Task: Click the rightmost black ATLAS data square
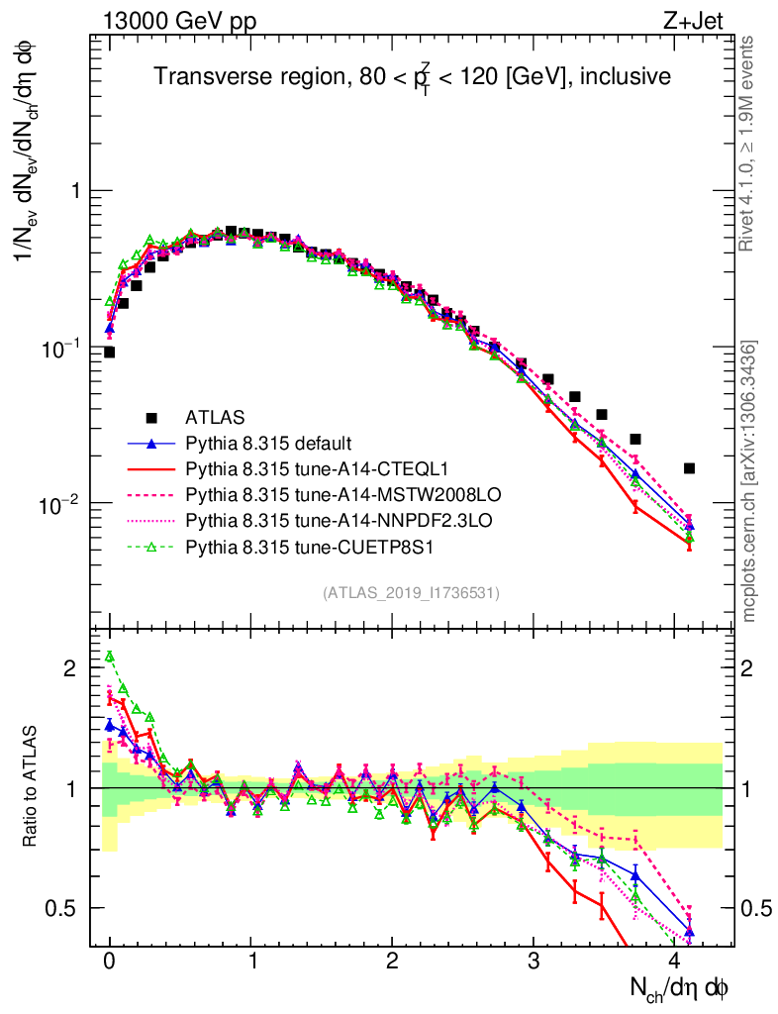[x=690, y=468]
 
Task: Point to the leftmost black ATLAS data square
[x=109, y=352]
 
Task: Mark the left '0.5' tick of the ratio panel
[x=64, y=907]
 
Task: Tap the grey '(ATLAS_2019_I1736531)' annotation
[x=411, y=593]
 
